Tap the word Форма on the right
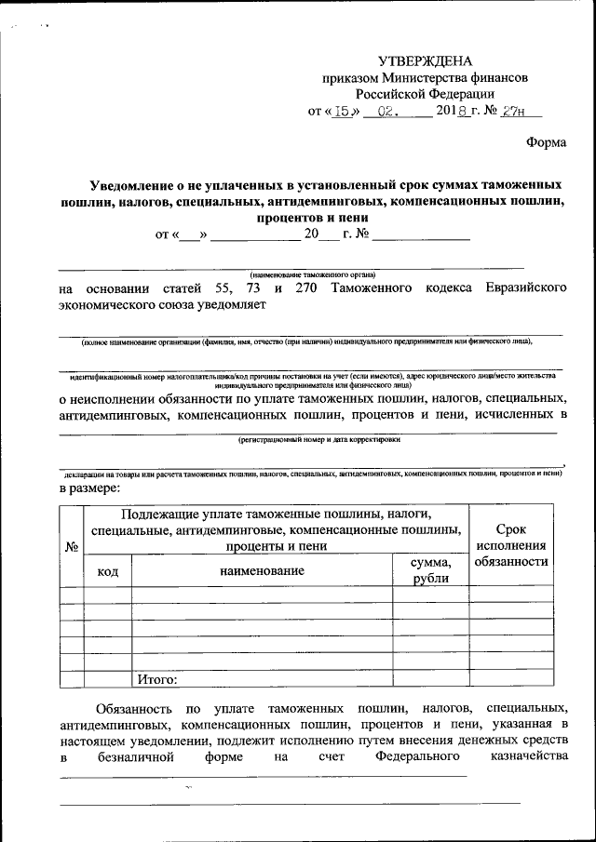click(546, 142)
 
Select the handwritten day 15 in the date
click(345, 112)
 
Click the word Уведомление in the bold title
click(146, 184)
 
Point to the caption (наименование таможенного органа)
click(312, 275)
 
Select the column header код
click(107, 570)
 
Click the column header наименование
click(262, 570)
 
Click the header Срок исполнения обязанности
click(510, 545)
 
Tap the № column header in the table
click(71, 546)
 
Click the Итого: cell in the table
click(157, 678)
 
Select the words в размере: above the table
click(89, 487)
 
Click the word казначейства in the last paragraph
click(528, 756)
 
